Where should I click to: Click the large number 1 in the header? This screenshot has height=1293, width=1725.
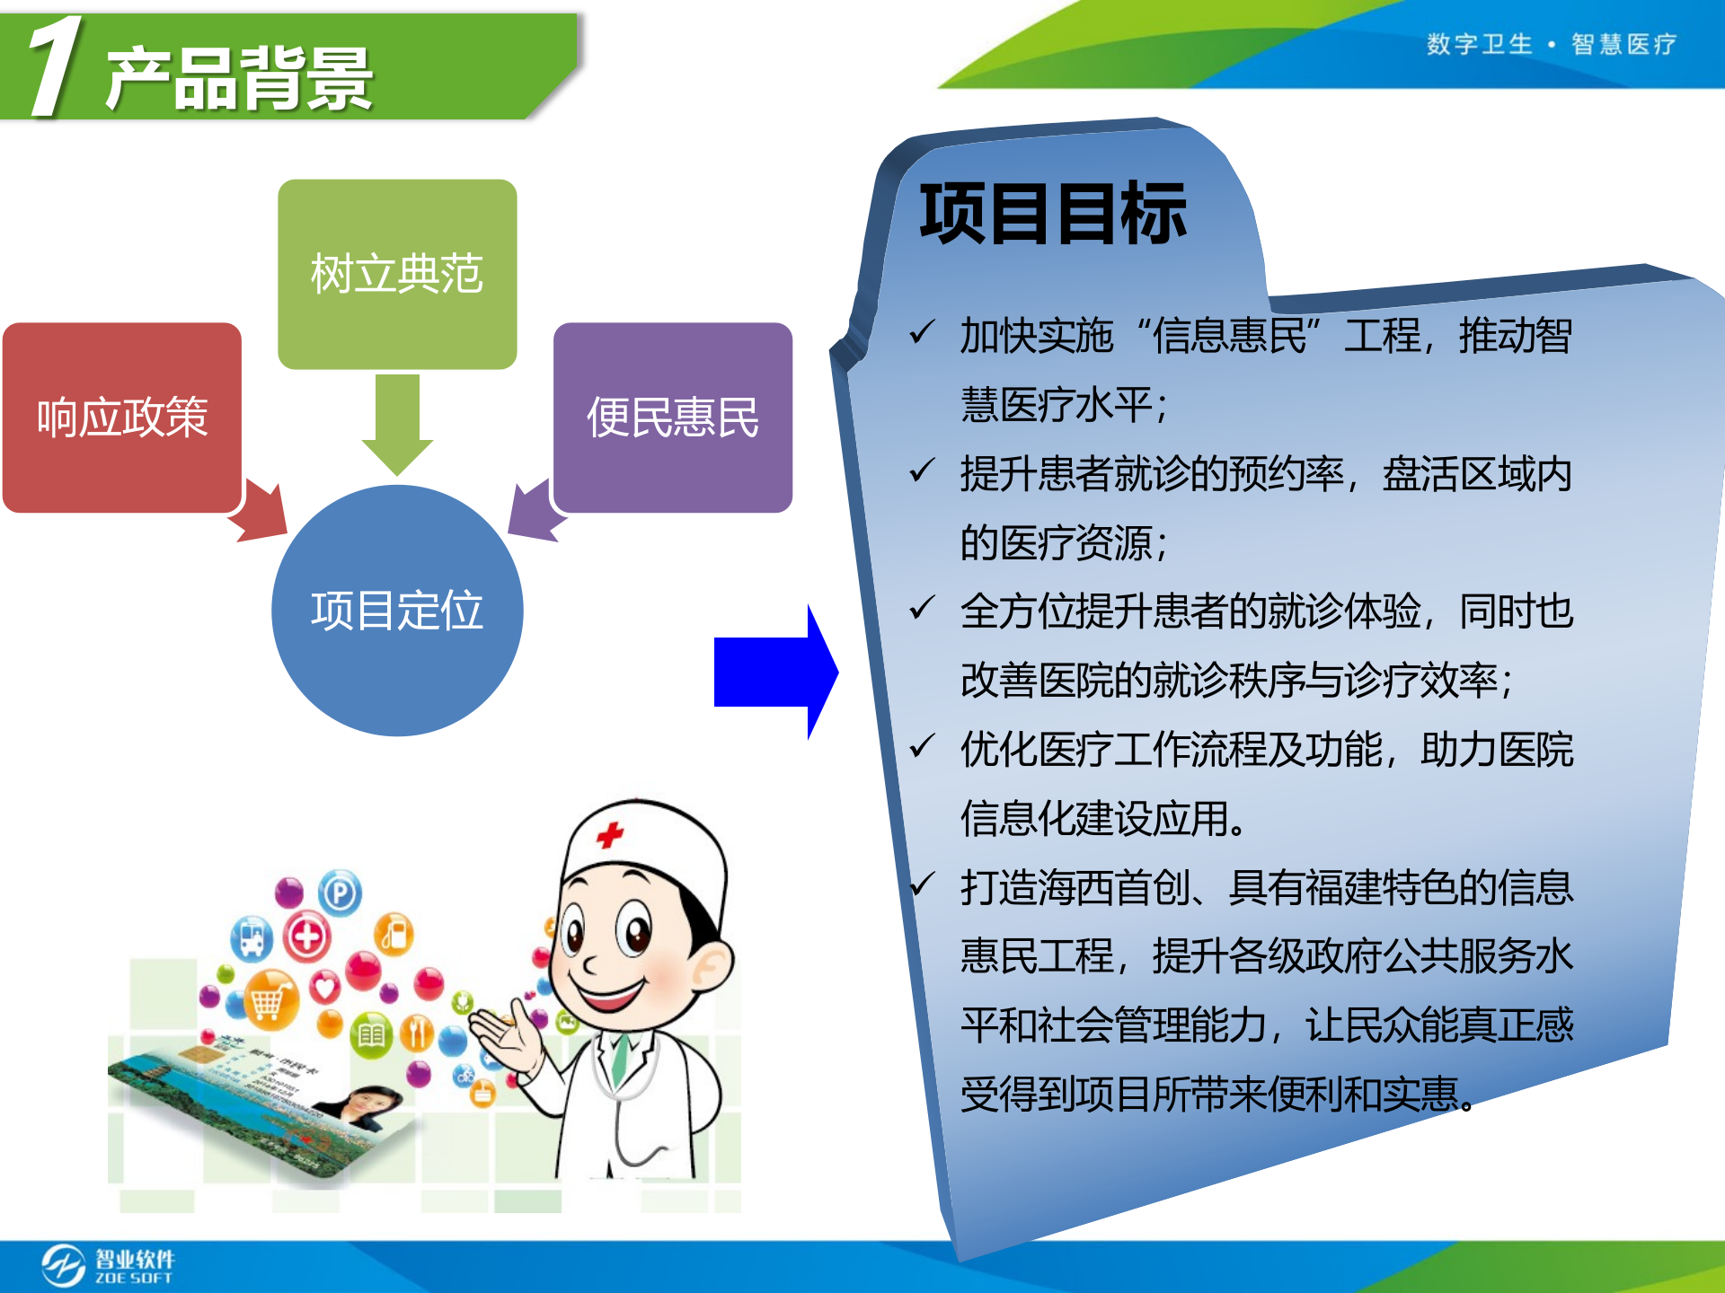point(56,66)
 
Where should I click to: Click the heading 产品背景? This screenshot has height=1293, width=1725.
point(239,79)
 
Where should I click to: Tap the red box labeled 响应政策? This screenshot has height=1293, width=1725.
point(122,418)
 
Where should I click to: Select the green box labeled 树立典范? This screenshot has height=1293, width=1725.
point(397,274)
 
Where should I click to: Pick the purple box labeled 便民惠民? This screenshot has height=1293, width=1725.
point(673,418)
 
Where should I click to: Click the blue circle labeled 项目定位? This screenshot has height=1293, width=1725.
point(397,611)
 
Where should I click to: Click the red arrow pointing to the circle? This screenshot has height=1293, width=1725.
point(264,514)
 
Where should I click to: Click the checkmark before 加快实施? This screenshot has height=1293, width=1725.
point(922,333)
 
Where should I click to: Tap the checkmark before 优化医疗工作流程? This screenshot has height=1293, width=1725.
point(922,746)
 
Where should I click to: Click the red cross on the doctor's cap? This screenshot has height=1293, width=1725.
point(610,835)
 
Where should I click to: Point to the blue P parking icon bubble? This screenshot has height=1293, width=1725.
point(340,893)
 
